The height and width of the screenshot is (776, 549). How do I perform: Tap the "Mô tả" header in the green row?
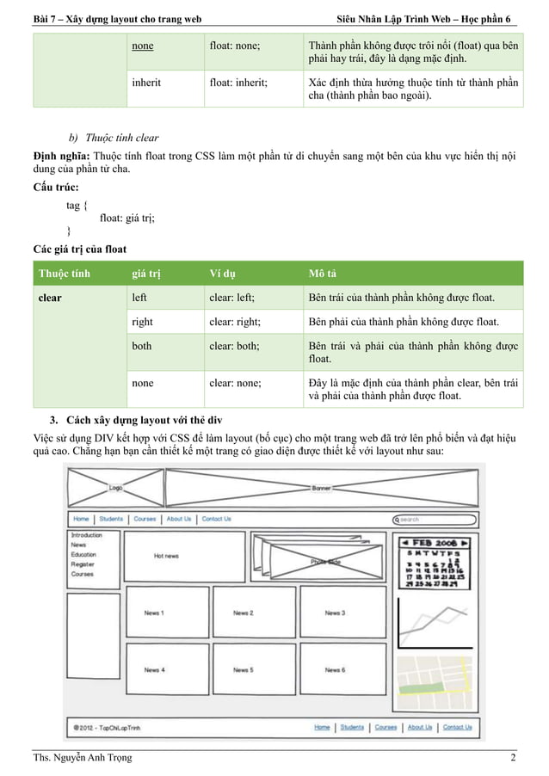click(x=322, y=274)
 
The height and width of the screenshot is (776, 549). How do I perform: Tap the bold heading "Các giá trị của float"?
click(x=80, y=249)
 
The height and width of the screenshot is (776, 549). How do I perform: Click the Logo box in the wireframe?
click(x=114, y=488)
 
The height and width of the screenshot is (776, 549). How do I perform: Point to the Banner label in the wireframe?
click(x=320, y=488)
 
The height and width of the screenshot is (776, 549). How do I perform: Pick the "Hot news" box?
click(x=167, y=557)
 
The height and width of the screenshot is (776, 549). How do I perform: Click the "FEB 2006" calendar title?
click(x=433, y=544)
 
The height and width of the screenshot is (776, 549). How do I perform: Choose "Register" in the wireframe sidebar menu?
click(x=83, y=564)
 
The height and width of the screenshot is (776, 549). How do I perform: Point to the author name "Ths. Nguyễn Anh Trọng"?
click(x=83, y=757)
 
